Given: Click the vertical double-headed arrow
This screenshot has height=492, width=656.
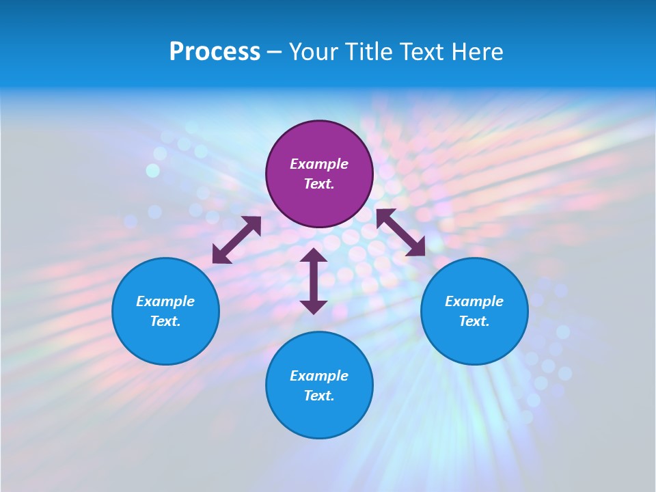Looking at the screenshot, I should (x=314, y=281).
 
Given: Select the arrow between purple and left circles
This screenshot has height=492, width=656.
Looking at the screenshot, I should (x=236, y=240).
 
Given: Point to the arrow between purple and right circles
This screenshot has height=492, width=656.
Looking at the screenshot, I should (x=400, y=232).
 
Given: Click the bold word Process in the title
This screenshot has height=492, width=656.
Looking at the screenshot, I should (x=215, y=51).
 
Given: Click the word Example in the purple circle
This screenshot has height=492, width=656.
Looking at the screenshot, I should (x=319, y=164).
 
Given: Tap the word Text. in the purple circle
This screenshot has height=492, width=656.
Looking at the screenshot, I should (x=319, y=184).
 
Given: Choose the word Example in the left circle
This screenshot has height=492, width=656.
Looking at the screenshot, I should (x=165, y=301).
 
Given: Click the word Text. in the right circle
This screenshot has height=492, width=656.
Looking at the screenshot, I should (x=474, y=321).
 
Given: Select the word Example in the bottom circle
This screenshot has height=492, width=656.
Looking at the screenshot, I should (x=319, y=376).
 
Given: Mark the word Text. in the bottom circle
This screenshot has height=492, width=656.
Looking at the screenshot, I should (x=319, y=396).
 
